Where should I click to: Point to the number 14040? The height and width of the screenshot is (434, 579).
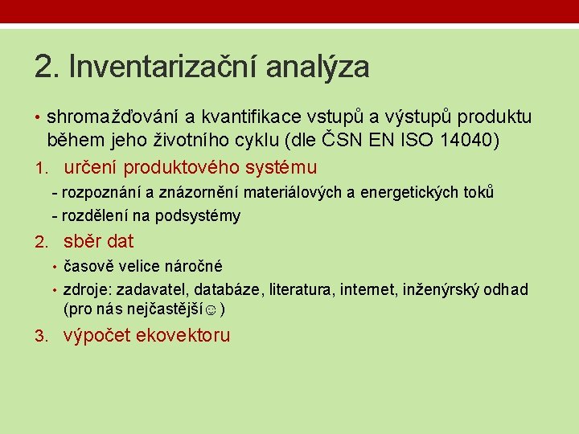coord(466,141)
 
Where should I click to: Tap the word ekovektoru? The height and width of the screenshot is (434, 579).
coord(183,336)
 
